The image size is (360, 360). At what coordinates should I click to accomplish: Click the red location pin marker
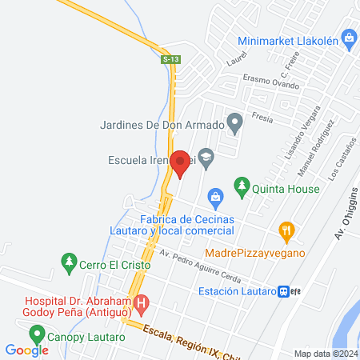180,163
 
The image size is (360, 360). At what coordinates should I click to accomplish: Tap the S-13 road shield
170,58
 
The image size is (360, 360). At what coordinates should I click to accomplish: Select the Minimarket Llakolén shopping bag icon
348,37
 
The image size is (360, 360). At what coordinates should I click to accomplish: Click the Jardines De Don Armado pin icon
234,124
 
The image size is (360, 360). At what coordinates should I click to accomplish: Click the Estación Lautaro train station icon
284,291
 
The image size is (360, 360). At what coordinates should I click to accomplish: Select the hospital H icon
142,304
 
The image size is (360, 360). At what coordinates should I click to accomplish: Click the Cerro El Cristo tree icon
69,261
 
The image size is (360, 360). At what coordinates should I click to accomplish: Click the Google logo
26,350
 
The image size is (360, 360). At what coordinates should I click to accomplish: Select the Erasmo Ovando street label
271,83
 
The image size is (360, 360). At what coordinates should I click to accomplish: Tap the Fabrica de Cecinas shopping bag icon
214,196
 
